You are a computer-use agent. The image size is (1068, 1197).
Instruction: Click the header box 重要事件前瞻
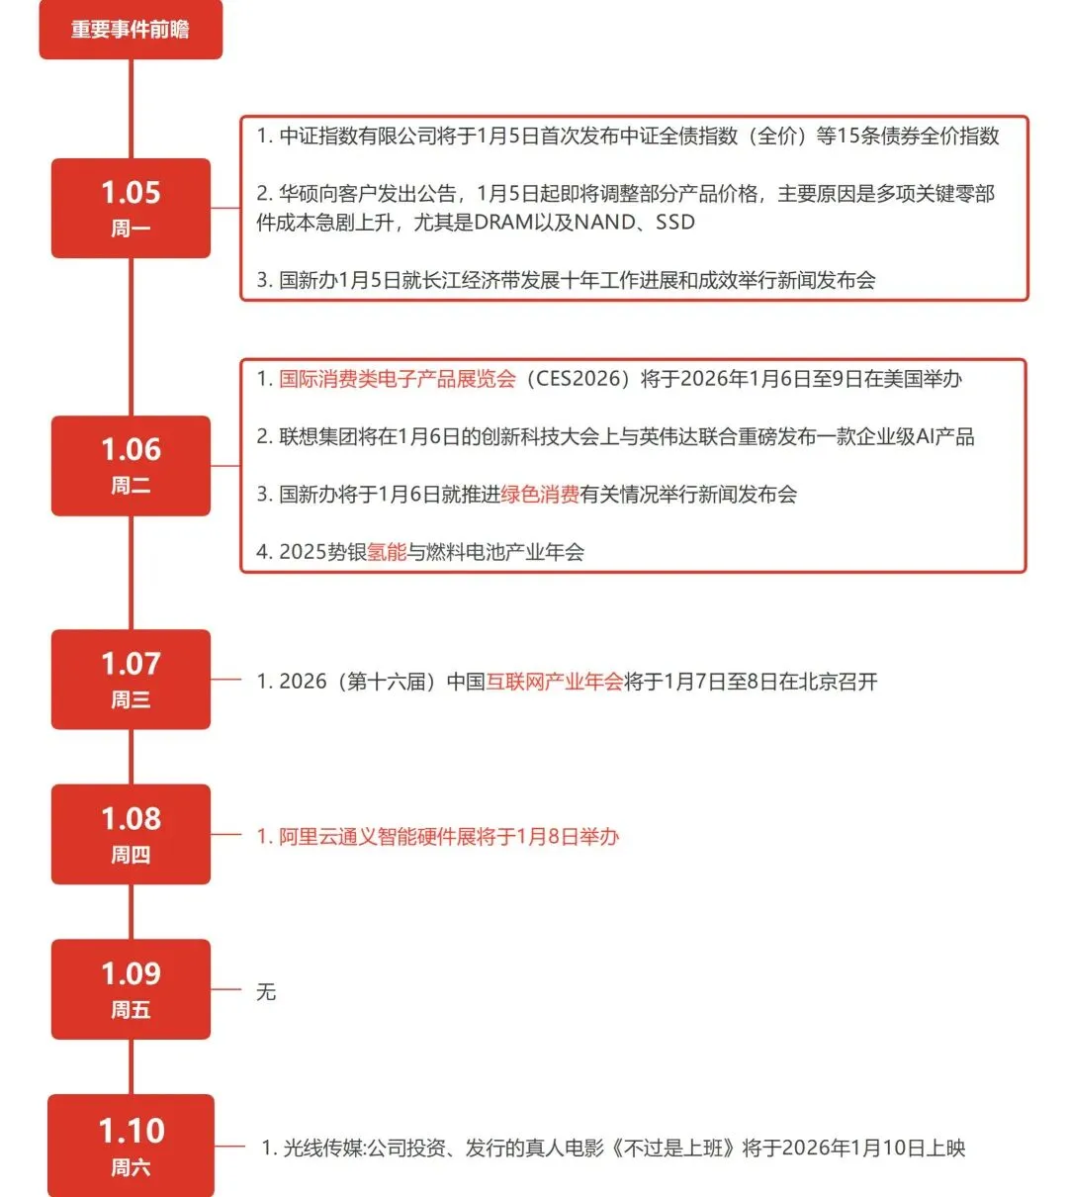coord(131,30)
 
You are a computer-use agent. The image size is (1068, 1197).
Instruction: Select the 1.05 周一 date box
coord(131,208)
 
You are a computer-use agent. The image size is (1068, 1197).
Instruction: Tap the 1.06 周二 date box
coord(131,465)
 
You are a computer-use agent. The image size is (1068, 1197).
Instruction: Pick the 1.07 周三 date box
coord(131,680)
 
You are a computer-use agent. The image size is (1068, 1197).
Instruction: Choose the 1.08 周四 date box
coord(131,834)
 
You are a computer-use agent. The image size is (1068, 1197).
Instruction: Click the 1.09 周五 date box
coord(131,989)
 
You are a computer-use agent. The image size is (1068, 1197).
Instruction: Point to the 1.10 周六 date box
coord(131,1146)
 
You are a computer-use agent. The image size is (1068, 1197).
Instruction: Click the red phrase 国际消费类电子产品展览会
coord(398,379)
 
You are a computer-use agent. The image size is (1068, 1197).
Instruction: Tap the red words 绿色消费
coord(540,494)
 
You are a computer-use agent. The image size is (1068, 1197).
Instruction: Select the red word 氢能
coord(388,552)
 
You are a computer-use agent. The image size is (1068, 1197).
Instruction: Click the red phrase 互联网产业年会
coord(555,682)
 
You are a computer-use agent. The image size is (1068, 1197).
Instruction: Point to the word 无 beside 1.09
coord(266,991)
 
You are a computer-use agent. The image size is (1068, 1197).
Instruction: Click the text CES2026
coord(580,379)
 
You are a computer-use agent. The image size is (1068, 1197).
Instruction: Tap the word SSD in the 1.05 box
coord(675,223)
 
